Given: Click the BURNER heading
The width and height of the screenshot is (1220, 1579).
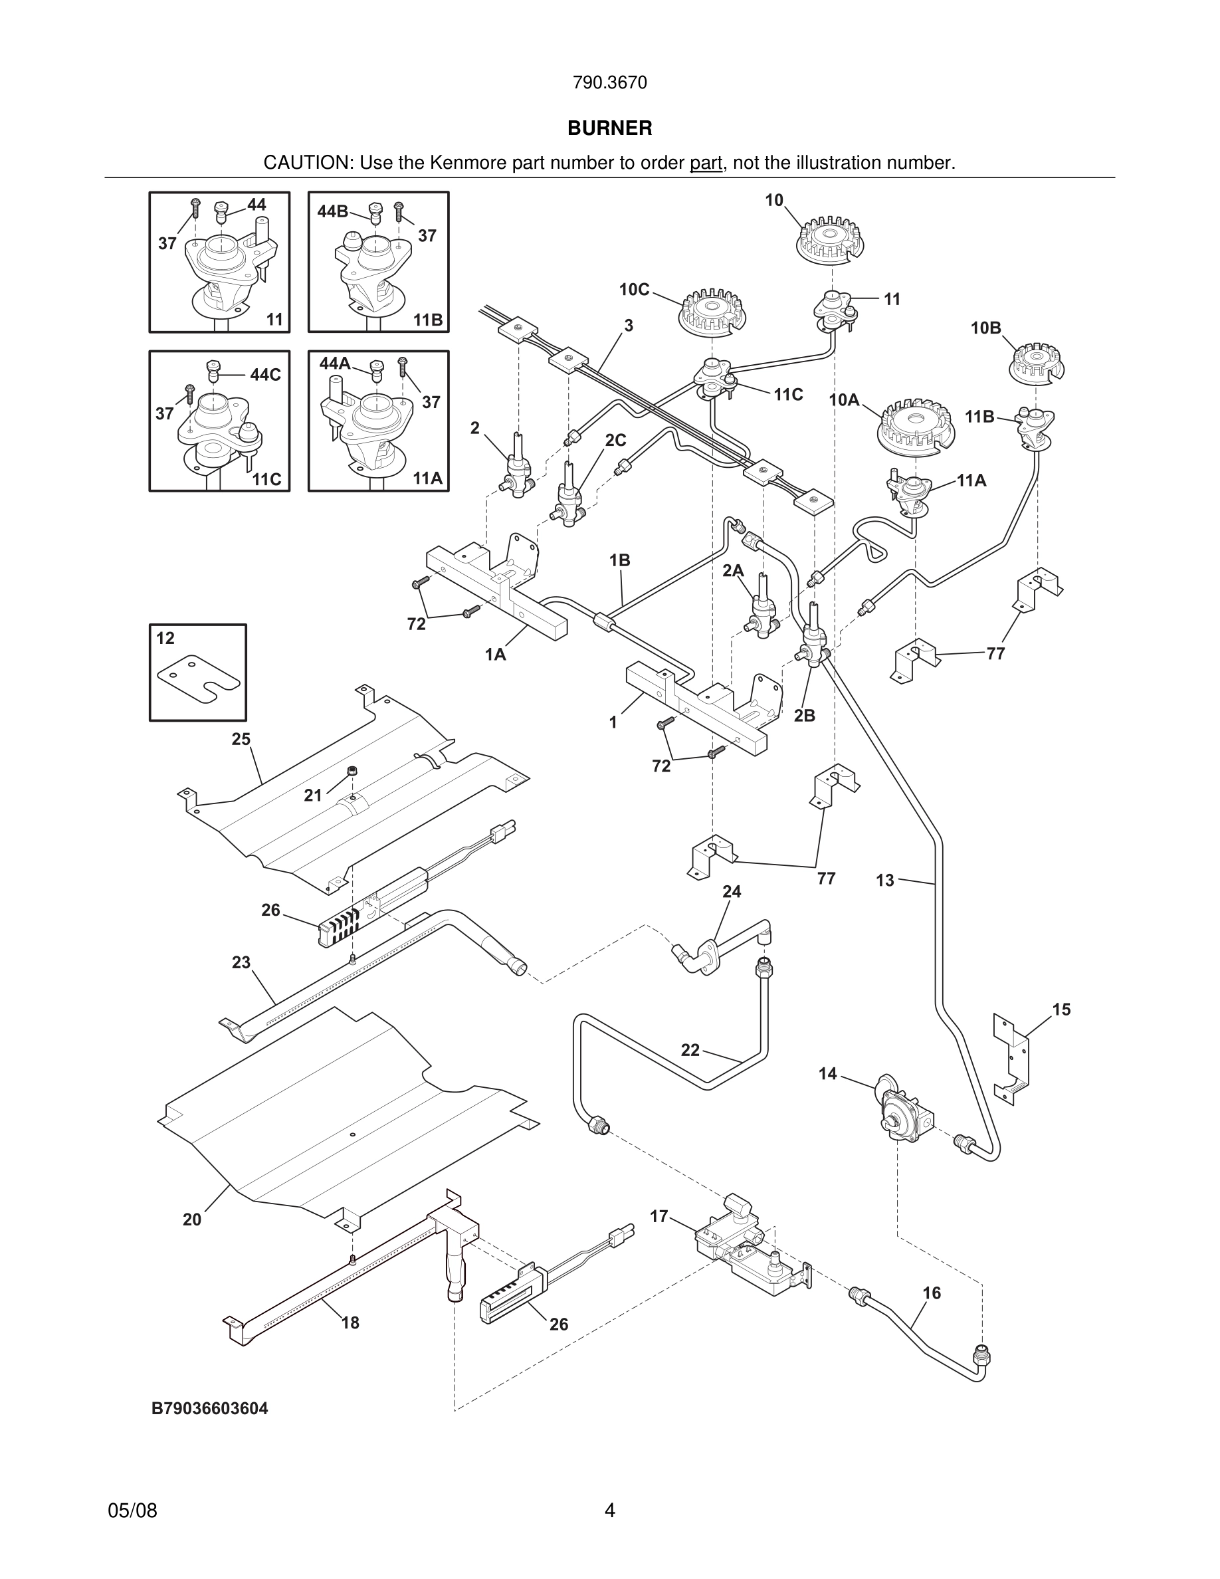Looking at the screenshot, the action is click(609, 128).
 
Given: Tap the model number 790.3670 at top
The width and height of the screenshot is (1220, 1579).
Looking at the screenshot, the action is click(609, 83).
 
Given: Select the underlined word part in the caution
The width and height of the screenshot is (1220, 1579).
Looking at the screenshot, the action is click(706, 163).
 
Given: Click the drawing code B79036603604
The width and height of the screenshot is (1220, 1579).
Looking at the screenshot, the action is click(209, 1408).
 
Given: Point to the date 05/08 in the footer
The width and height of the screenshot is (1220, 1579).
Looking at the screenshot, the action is click(132, 1511).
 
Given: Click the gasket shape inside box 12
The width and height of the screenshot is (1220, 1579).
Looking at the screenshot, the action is click(199, 677).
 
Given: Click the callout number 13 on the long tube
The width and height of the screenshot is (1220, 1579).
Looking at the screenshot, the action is click(885, 881).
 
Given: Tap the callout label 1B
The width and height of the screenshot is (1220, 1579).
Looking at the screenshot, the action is click(619, 560).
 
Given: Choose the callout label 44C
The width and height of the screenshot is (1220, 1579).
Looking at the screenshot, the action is click(265, 375).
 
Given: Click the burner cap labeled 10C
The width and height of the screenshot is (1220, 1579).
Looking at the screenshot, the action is click(712, 312).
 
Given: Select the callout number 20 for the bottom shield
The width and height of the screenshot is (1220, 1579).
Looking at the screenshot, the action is click(191, 1219).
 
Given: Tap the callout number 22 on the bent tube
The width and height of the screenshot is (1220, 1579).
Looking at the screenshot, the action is click(690, 1050).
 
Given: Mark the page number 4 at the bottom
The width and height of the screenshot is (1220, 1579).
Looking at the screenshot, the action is click(609, 1511).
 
